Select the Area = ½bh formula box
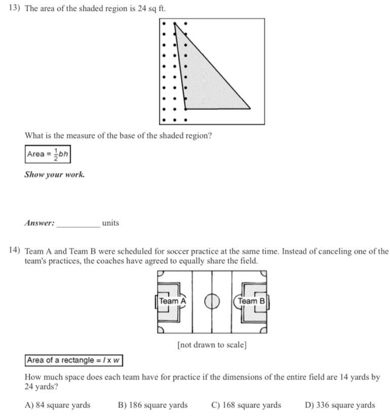click(48, 154)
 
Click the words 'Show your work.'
click(55, 175)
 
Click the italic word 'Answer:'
click(40, 223)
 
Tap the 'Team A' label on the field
click(172, 301)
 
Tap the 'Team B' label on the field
click(251, 301)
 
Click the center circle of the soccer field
click(212, 302)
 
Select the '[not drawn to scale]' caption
click(212, 345)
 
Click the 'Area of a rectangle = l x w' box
click(74, 361)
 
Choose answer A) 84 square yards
click(57, 405)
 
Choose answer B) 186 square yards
click(152, 405)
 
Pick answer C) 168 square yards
click(246, 405)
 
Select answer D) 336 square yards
click(340, 405)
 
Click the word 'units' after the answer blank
click(110, 223)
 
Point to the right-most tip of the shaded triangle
click(250, 108)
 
